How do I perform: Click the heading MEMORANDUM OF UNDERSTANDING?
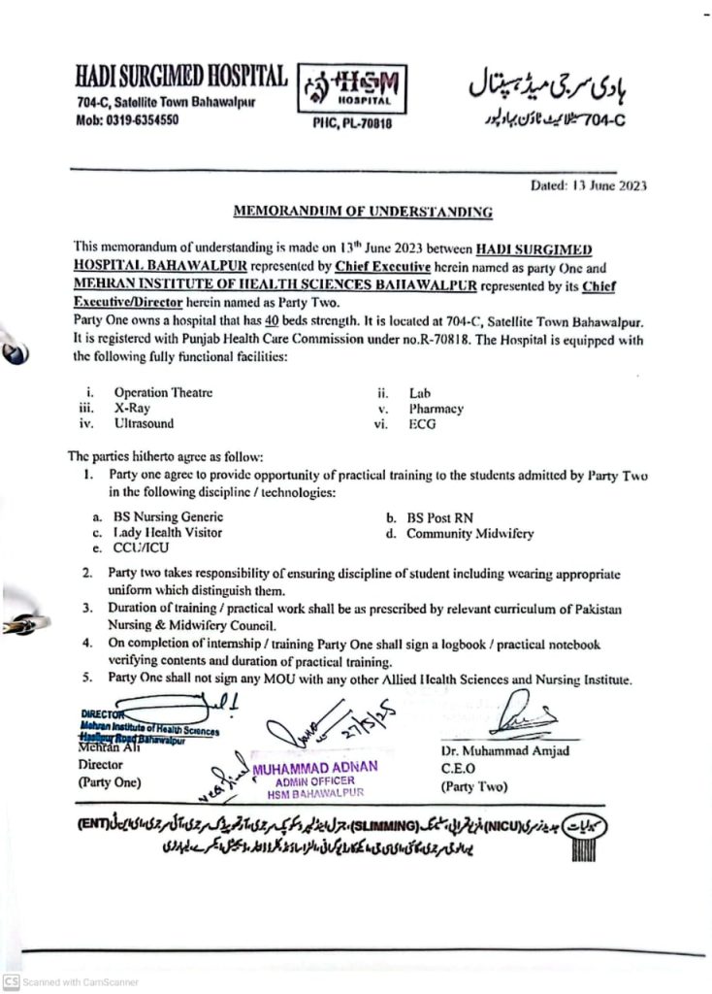[363, 211]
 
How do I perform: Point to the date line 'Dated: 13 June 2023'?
[588, 184]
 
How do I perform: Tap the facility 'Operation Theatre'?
[163, 393]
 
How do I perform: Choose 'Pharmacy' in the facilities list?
[436, 409]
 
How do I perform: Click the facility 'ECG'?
[423, 424]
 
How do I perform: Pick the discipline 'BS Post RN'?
[439, 517]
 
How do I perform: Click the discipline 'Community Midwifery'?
[469, 533]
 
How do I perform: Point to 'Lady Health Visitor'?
[167, 533]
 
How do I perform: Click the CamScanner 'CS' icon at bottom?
[12, 981]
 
